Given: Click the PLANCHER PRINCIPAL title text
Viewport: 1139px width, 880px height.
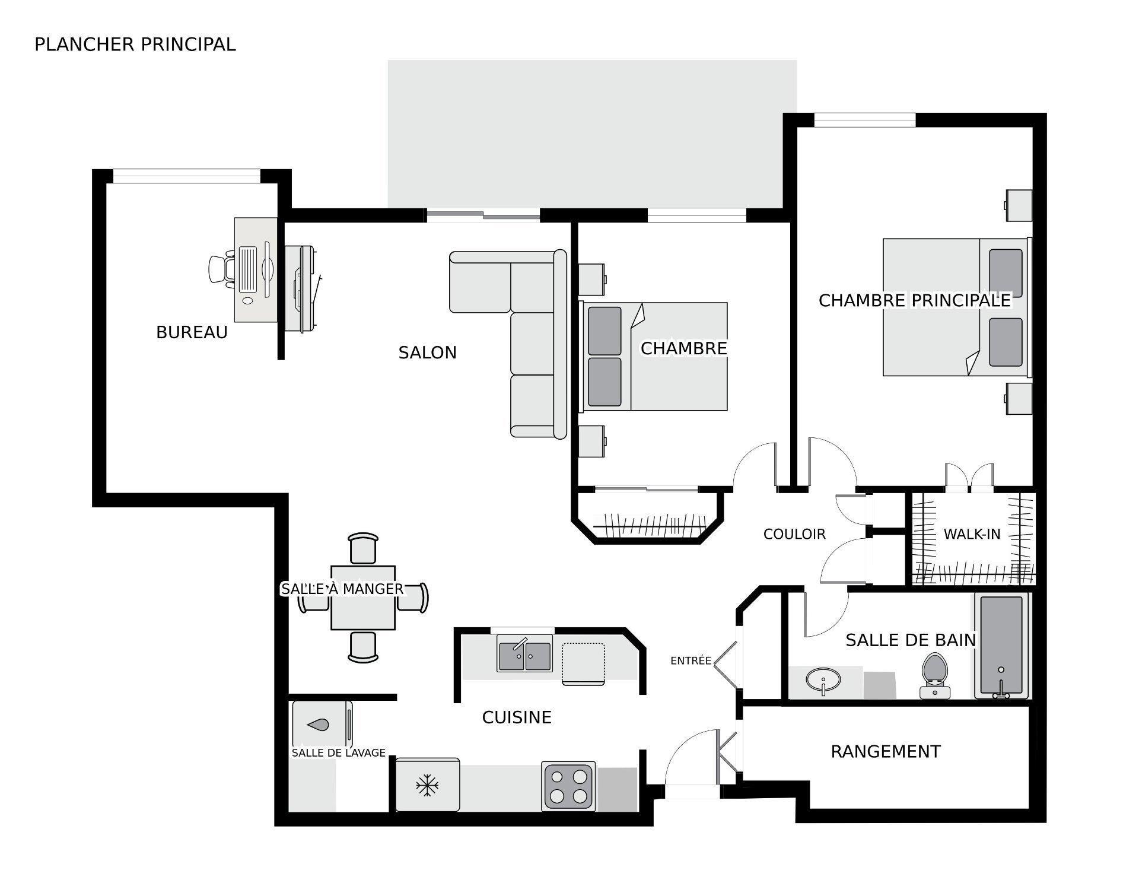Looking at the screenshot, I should tap(135, 45).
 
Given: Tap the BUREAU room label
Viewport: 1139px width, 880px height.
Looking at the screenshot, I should tap(192, 332).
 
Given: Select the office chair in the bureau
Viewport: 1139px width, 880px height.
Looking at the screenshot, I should tap(221, 269).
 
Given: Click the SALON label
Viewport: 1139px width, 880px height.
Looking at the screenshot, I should tap(427, 352).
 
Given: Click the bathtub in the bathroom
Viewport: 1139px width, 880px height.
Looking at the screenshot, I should tap(1001, 646).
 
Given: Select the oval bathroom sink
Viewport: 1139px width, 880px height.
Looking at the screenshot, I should tap(823, 679).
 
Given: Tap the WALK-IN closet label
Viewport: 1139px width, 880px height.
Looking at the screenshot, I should tap(972, 534).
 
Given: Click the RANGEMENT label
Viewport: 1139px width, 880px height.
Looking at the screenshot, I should tap(885, 752).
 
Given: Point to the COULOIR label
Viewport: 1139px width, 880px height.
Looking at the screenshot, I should tap(794, 534).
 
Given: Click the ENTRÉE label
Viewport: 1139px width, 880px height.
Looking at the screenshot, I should tap(691, 660).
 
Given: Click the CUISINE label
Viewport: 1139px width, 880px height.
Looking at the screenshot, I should tap(517, 717).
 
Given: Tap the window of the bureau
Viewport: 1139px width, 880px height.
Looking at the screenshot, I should tap(186, 176).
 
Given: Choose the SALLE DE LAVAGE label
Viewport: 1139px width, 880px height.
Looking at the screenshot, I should tap(338, 753).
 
